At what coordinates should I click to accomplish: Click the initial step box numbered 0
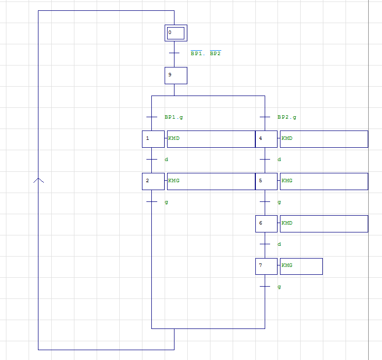(176, 33)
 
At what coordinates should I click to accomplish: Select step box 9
(176, 75)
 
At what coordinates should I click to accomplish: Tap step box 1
(153, 139)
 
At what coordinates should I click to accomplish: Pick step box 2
(153, 181)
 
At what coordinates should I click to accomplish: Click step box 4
(267, 139)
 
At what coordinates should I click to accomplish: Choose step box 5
(267, 181)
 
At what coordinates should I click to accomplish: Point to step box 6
(267, 224)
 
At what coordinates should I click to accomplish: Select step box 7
(267, 266)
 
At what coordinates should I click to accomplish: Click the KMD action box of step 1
(211, 139)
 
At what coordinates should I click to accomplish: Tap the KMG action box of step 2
(211, 181)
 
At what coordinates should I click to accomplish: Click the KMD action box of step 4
(324, 139)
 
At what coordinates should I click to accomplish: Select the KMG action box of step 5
(324, 181)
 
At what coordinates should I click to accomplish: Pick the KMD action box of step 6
(324, 224)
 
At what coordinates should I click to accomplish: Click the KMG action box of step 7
(301, 266)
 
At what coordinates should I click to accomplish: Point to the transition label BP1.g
(174, 117)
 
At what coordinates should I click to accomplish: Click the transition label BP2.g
(287, 117)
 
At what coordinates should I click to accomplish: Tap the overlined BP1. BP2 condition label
(206, 53)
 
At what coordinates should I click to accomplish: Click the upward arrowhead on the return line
(38, 180)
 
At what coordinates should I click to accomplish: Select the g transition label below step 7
(279, 287)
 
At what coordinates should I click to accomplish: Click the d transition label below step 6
(279, 244)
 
